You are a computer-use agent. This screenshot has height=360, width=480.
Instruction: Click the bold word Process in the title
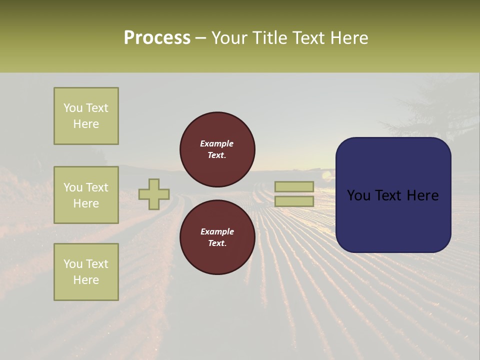click(157, 38)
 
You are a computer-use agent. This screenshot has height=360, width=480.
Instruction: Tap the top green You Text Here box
click(86, 116)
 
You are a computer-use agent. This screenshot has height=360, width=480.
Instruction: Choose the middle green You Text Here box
click(86, 195)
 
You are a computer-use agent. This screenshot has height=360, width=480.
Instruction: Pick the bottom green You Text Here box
click(86, 272)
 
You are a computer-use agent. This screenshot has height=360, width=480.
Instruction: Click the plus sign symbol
click(154, 194)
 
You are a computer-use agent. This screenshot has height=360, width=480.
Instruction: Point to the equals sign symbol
click(294, 194)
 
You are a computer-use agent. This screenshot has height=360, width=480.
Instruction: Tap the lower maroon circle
click(217, 237)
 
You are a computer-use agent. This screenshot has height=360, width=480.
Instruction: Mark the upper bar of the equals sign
click(294, 187)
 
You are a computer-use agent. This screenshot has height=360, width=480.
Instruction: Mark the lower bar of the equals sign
click(294, 201)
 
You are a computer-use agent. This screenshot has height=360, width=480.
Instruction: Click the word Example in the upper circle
click(217, 143)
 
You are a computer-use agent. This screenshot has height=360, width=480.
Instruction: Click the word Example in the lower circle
click(217, 231)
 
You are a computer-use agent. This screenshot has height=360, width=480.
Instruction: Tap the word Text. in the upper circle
click(217, 155)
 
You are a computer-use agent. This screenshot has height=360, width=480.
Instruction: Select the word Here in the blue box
click(422, 195)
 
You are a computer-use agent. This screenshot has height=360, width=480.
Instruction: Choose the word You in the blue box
click(358, 195)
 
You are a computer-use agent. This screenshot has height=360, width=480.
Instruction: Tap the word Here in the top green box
click(86, 124)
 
